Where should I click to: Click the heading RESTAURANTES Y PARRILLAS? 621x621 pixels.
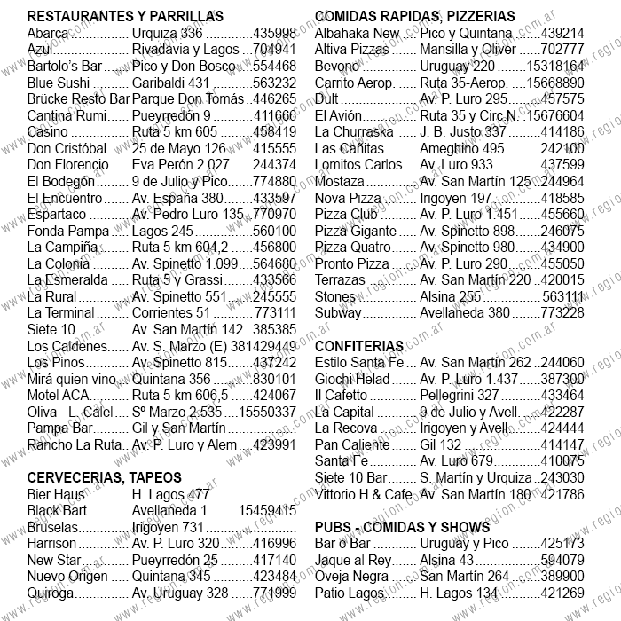[x=125, y=17]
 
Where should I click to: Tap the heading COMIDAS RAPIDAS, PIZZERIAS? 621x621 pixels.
[x=414, y=17]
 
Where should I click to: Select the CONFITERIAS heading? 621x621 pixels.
[x=359, y=346]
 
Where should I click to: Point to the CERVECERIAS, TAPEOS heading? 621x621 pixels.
[x=104, y=477]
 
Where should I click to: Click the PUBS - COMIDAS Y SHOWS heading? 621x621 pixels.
[x=402, y=527]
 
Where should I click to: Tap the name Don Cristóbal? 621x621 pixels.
[x=67, y=148]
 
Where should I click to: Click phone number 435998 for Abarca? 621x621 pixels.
[x=274, y=33]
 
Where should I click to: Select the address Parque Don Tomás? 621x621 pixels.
[x=187, y=98]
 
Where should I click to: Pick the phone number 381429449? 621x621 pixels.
[x=262, y=346]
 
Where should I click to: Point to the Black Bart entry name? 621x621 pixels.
[x=57, y=510]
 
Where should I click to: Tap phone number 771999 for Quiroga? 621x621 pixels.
[x=274, y=593]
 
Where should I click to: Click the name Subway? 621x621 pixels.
[x=338, y=312]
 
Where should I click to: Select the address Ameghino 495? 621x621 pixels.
[x=461, y=148]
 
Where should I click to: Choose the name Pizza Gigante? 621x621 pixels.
[x=352, y=231]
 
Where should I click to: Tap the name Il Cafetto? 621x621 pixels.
[x=341, y=396]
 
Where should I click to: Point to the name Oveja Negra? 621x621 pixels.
[x=351, y=577]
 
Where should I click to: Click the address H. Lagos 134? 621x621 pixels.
[x=459, y=593]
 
